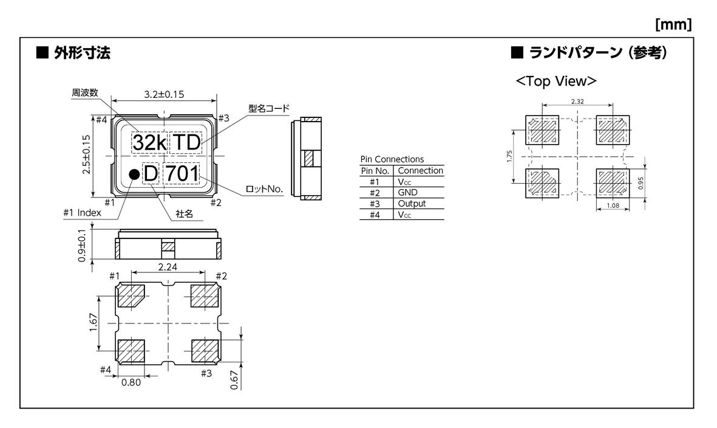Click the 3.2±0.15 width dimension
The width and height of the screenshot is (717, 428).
(x=164, y=94)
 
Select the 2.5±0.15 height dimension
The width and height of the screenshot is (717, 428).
(x=86, y=154)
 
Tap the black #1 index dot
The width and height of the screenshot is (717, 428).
(x=134, y=174)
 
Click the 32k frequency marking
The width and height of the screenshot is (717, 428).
(x=149, y=143)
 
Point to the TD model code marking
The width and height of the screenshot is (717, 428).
(x=186, y=143)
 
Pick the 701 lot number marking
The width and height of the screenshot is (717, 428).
(x=182, y=173)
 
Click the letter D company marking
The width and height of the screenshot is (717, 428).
(x=151, y=173)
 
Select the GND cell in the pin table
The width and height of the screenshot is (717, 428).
(x=407, y=193)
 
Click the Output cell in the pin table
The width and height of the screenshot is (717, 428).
(x=412, y=204)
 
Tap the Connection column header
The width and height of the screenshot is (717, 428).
(x=420, y=171)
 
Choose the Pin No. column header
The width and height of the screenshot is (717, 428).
(x=375, y=171)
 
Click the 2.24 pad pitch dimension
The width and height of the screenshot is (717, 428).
(x=168, y=267)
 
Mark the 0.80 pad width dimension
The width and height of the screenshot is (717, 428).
(x=131, y=382)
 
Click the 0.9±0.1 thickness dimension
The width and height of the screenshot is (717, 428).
(x=82, y=246)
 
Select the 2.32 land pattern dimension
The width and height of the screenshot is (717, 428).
(x=577, y=102)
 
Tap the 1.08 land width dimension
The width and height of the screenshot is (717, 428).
(x=613, y=205)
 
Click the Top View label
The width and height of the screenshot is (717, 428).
(x=556, y=81)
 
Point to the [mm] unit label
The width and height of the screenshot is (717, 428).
(x=673, y=24)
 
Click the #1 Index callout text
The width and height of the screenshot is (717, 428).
(x=82, y=213)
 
